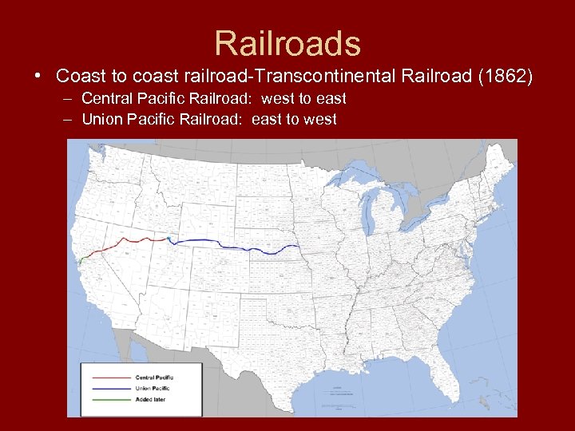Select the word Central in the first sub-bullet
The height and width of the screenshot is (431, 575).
click(106, 99)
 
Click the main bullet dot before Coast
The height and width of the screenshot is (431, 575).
click(38, 77)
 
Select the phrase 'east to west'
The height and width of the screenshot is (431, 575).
click(294, 120)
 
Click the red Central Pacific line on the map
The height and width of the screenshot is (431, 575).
click(132, 239)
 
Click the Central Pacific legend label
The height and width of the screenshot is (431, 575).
click(154, 378)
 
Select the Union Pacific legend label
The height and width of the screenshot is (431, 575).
click(152, 388)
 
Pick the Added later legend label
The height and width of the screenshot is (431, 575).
click(150, 398)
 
